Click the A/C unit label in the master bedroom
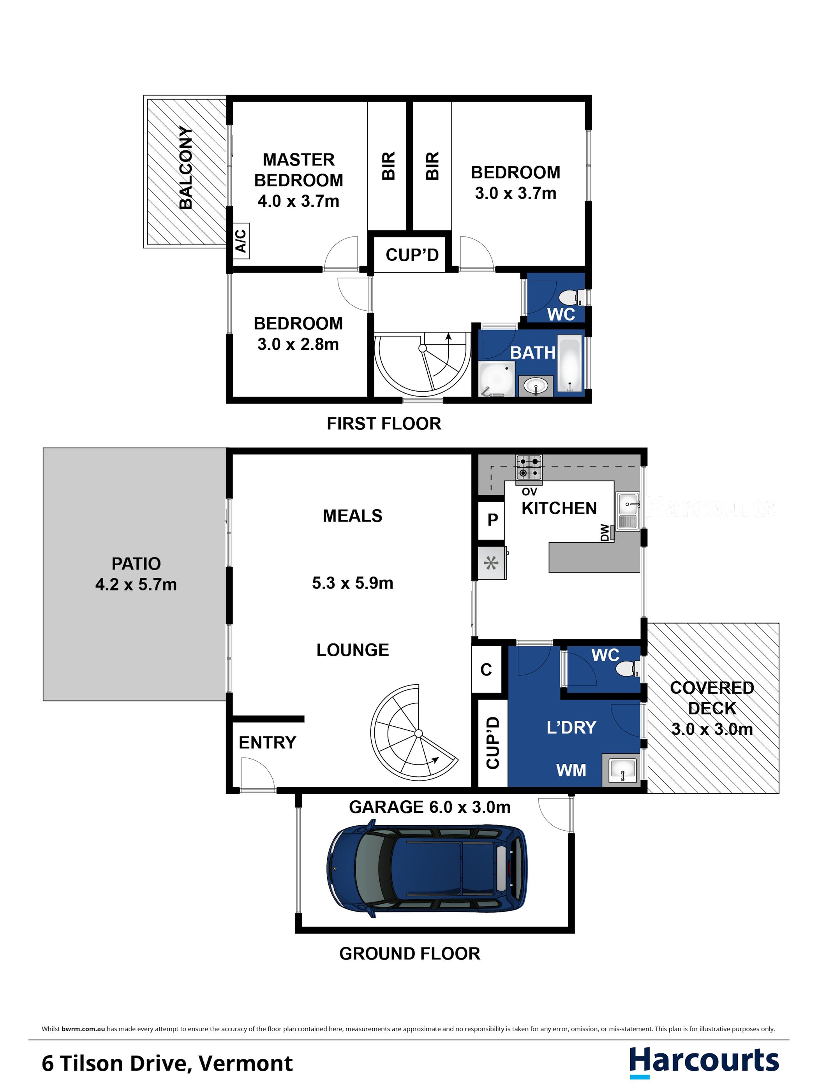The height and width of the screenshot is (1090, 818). coord(241,241)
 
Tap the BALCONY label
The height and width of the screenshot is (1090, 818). coord(186,167)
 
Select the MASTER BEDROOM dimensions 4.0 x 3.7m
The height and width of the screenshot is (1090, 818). coord(298,201)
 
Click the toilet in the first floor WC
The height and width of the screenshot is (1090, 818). coord(572,297)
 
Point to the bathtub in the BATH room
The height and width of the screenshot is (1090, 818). coord(569,364)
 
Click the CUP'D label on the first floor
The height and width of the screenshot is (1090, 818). coord(412,255)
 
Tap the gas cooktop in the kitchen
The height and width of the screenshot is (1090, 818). coord(529,467)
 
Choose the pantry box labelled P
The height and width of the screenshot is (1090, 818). coord(492,520)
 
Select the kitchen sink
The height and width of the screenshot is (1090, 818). coord(628,511)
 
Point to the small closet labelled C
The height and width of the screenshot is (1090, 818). coord(486,669)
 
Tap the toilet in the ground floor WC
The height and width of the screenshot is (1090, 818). coord(629,669)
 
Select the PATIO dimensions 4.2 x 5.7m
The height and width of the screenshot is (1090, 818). coord(136,584)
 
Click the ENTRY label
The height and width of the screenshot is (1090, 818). coord(267,743)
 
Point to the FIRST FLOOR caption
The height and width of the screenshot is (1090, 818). coord(384,424)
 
